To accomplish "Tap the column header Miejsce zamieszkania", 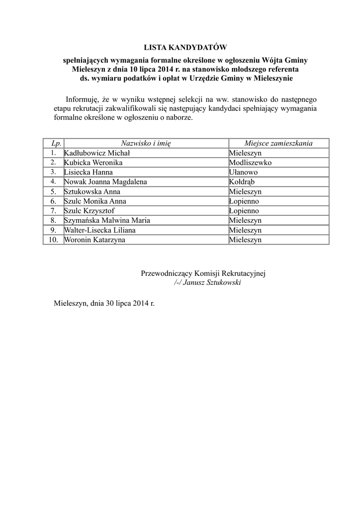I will [x=278, y=143].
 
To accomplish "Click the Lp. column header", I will [x=53, y=143].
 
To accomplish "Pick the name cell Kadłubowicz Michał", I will [x=97, y=153].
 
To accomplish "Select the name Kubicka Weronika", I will [x=93, y=163].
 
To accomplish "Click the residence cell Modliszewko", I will [x=250, y=163].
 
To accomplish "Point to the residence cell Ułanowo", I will [x=244, y=172].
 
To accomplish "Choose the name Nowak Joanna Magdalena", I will [x=105, y=182].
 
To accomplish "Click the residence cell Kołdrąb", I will [x=242, y=182].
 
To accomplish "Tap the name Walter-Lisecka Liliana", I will [x=99, y=230].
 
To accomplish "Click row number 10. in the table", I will [x=53, y=240].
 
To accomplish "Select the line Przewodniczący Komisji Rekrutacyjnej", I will [x=204, y=273].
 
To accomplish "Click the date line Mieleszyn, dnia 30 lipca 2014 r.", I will [x=104, y=302].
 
